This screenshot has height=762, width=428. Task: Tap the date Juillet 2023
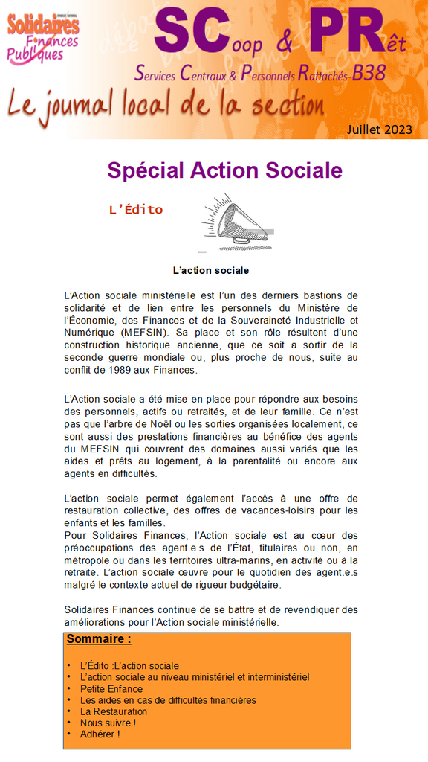coord(379,129)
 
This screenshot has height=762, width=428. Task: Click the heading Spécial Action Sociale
coord(224,170)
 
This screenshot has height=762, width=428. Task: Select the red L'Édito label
coord(135,209)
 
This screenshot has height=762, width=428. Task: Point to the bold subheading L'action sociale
coord(210,270)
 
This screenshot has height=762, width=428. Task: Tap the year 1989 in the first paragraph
coord(132,370)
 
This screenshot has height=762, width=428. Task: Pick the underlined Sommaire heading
coord(99,639)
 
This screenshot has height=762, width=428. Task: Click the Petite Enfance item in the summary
coord(111,689)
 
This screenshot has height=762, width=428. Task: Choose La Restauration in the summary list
coord(114,711)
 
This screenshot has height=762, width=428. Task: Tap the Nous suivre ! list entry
coord(108,723)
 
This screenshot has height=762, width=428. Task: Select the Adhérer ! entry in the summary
coord(100,734)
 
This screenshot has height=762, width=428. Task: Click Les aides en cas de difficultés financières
coord(168,700)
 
